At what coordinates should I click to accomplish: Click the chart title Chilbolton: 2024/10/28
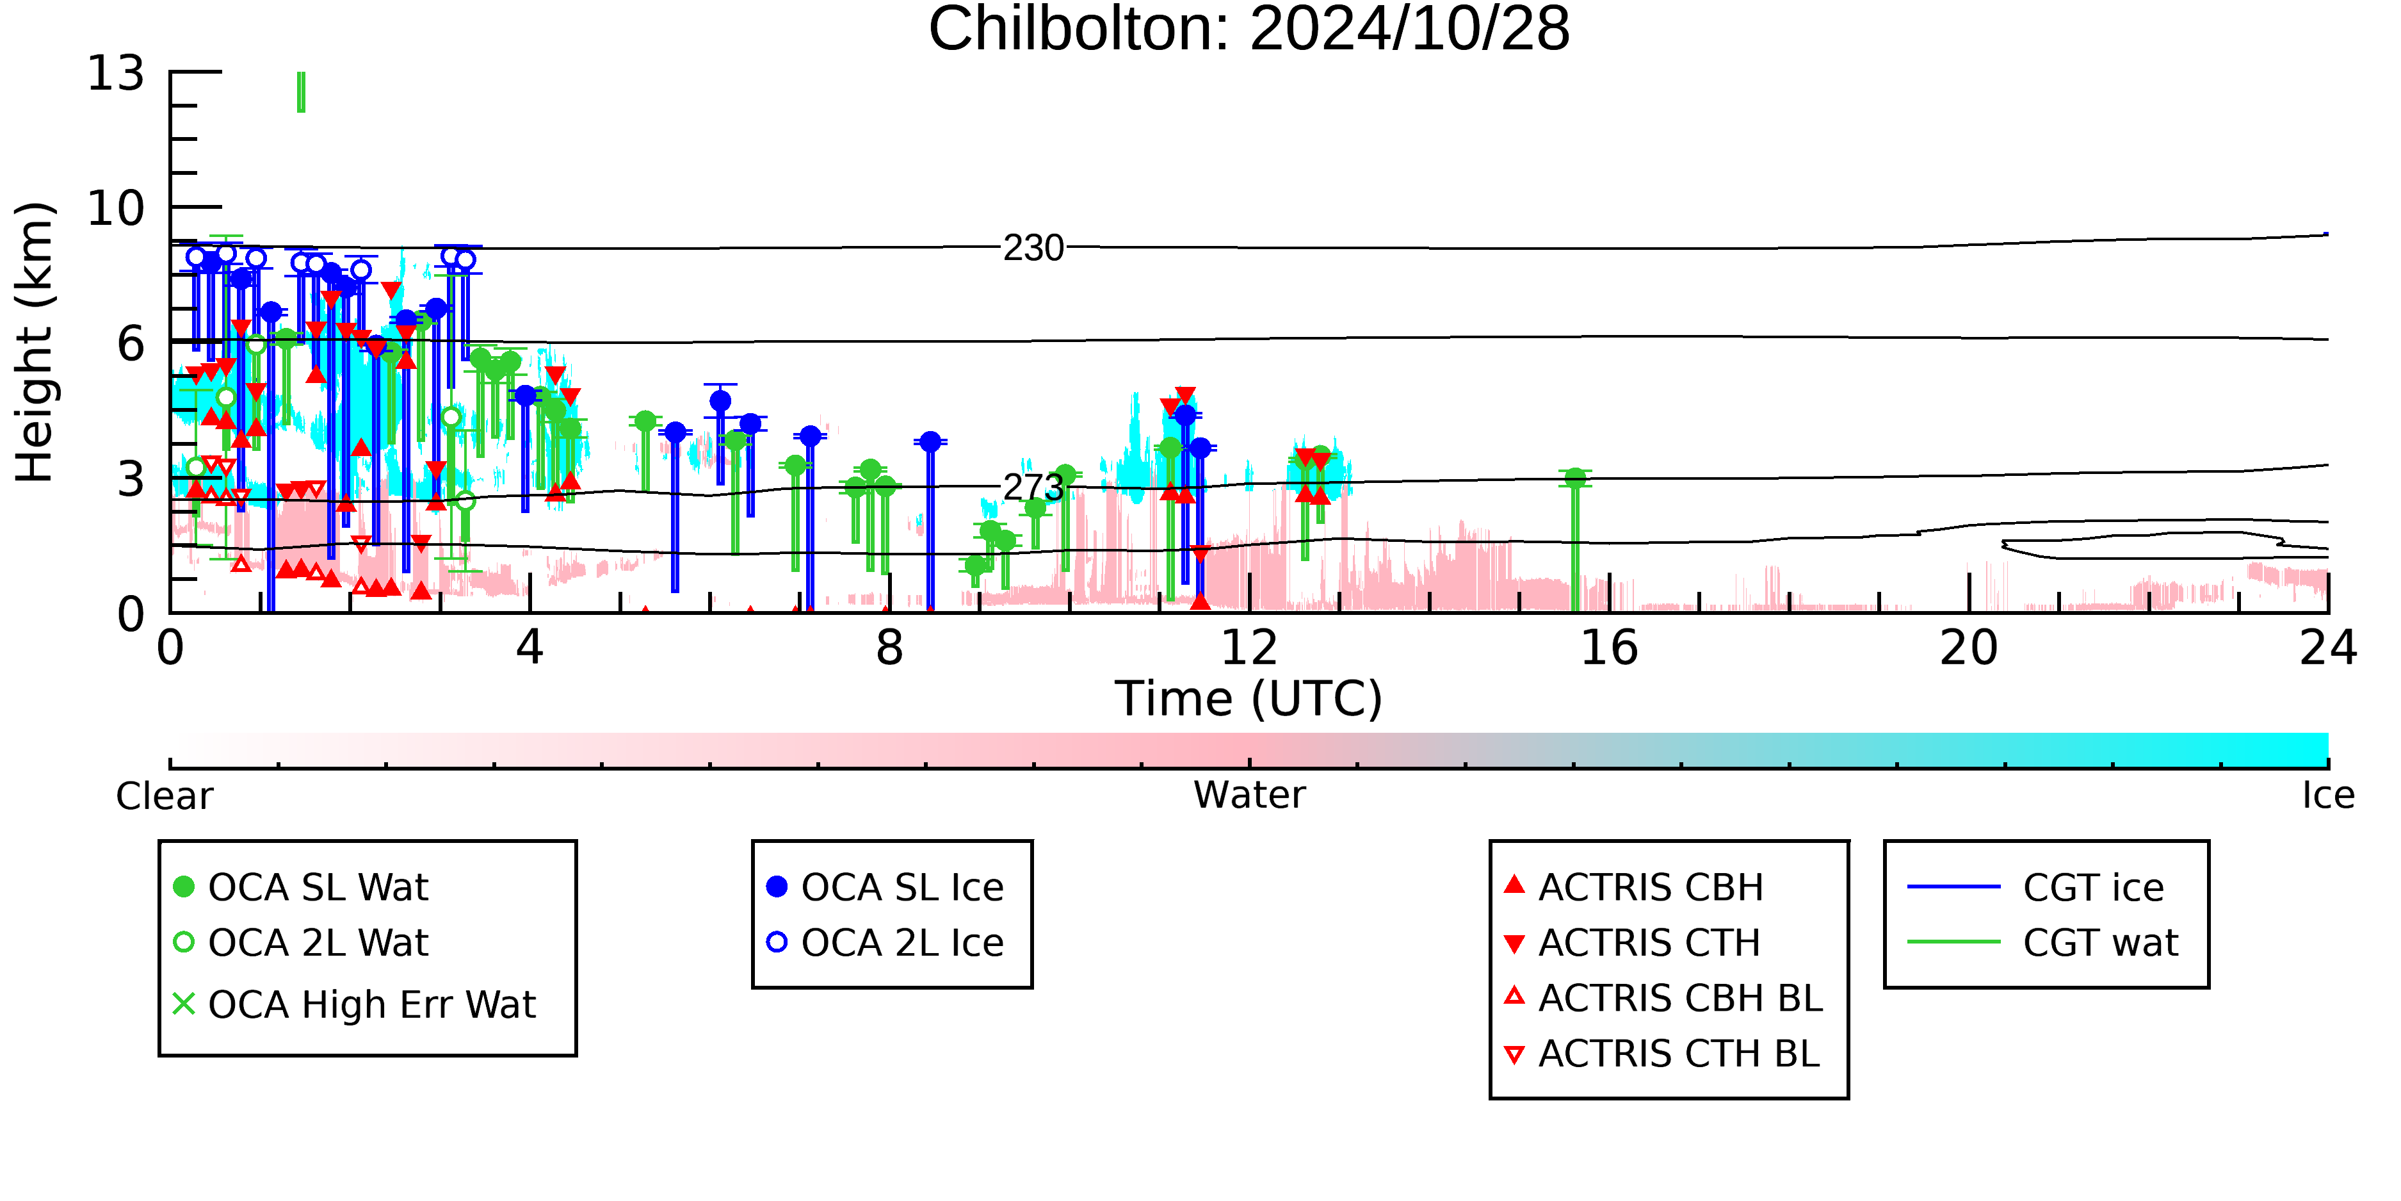point(1249,30)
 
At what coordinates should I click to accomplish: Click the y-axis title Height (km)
point(35,342)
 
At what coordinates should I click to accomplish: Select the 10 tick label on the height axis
point(116,208)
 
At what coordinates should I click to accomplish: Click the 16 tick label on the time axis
point(1609,648)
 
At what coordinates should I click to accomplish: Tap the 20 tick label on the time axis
point(1969,648)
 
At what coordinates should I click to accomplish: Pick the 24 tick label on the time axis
point(2328,648)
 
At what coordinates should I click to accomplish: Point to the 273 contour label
point(1033,487)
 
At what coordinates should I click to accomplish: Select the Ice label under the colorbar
point(2328,796)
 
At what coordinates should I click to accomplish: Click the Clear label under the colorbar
point(165,796)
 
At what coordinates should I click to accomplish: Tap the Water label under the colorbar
point(1249,796)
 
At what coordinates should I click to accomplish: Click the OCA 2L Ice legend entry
point(885,943)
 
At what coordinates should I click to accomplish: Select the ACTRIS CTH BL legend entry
point(1662,1054)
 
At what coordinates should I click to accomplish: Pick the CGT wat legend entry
point(2043,943)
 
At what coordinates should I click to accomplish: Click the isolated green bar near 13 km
point(301,92)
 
